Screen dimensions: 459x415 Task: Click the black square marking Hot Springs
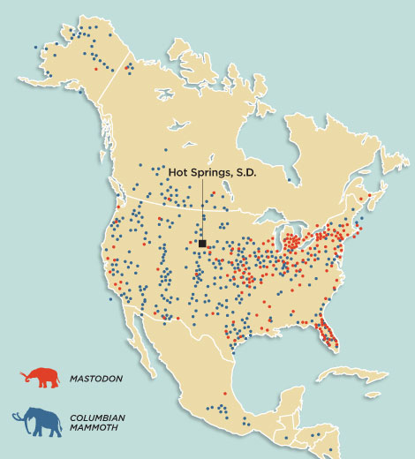point(202,243)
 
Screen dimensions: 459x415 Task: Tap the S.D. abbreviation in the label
point(245,173)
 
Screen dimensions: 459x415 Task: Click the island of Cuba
point(353,389)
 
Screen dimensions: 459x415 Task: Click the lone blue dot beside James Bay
point(289,180)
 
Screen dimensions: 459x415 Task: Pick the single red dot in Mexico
point(225,392)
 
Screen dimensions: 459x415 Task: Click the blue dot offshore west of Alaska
point(34,46)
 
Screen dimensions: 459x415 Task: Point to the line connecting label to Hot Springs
point(202,208)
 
